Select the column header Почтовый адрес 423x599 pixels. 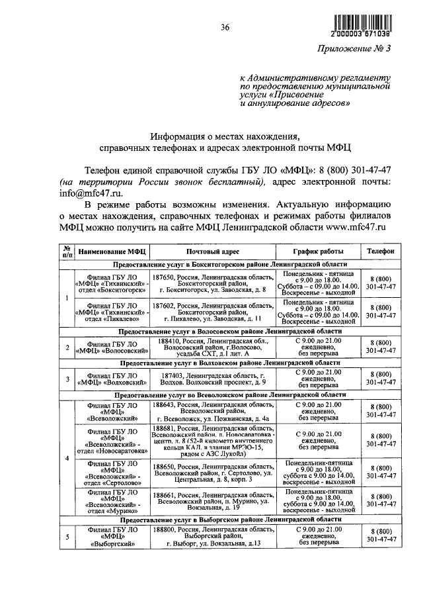click(x=212, y=252)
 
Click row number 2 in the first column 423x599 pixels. click(x=67, y=347)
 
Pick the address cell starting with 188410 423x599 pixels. click(x=212, y=347)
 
